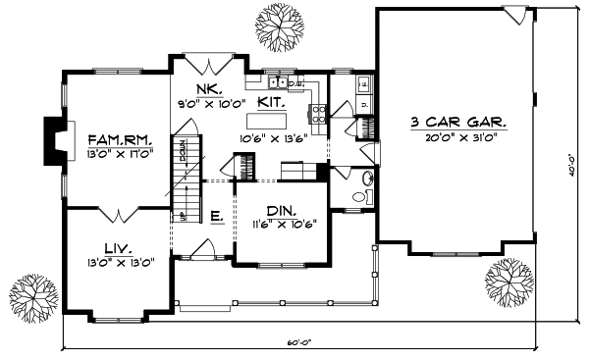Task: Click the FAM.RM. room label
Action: click(x=117, y=138)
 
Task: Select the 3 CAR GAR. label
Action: click(x=457, y=123)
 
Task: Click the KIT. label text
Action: click(x=272, y=101)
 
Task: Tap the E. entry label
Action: click(x=216, y=215)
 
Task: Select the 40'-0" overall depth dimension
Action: click(x=570, y=163)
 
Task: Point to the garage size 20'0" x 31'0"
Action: click(x=457, y=139)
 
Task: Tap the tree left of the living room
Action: click(x=31, y=293)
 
